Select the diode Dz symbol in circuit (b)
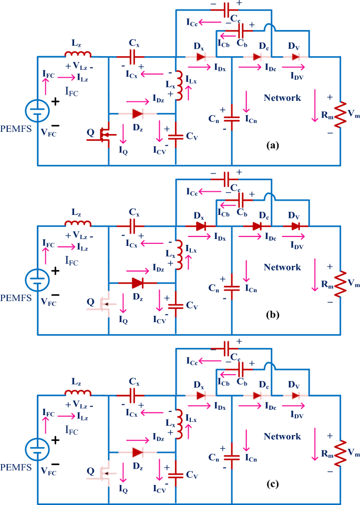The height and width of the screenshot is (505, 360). (138, 283)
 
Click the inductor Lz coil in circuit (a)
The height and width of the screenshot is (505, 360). (78, 54)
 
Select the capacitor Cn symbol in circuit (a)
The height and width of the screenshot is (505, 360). (232, 120)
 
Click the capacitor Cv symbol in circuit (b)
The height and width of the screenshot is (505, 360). (176, 305)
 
